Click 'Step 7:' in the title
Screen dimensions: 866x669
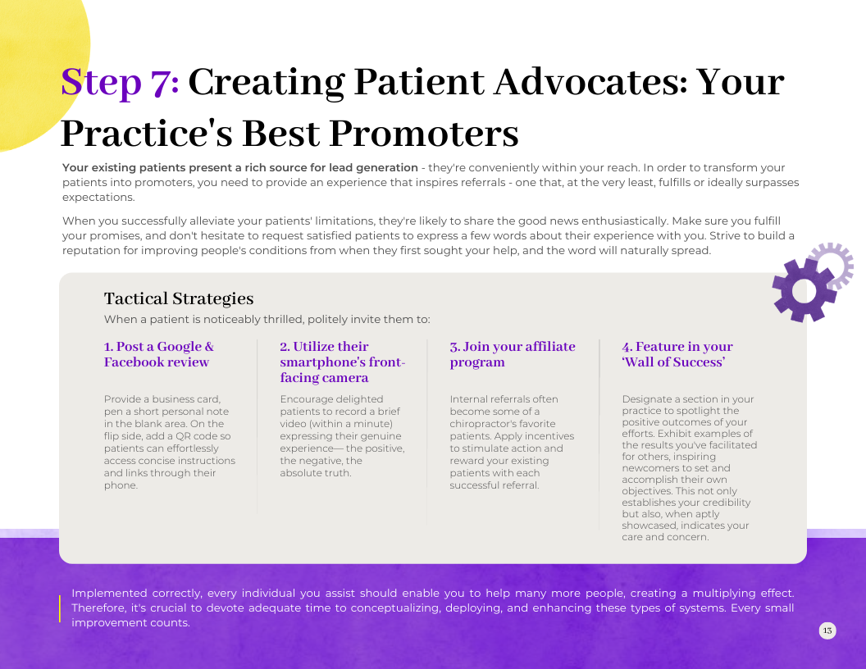120,82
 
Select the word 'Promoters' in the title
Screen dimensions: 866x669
424,134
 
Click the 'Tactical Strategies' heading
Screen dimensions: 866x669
179,298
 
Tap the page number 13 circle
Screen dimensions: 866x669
827,630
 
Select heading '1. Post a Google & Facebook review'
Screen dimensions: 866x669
158,354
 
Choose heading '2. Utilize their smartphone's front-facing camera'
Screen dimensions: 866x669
343,362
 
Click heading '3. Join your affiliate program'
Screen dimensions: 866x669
513,354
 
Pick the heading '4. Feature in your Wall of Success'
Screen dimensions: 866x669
677,354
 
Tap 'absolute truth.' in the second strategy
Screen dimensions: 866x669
316,473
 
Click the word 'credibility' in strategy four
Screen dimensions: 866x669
723,503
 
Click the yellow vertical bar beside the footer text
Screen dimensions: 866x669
60,608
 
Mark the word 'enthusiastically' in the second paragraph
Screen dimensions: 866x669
623,221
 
